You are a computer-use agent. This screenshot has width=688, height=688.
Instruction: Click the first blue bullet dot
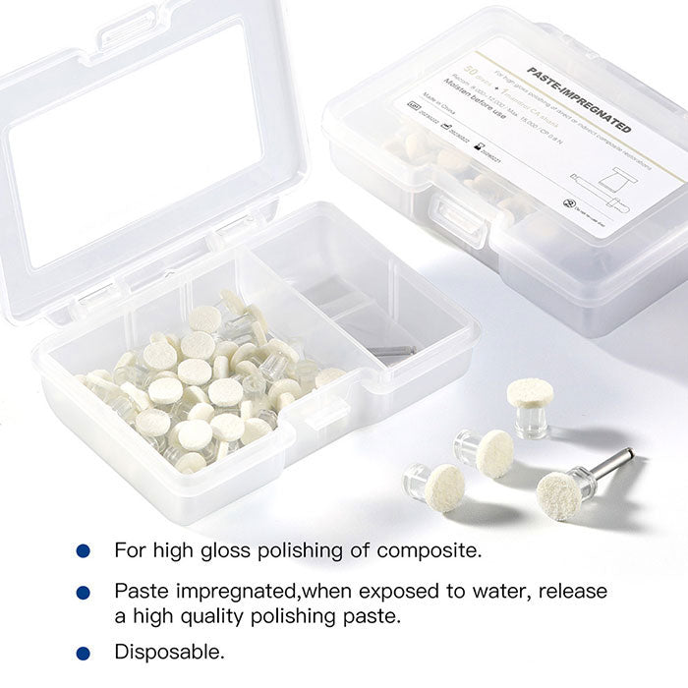pos(83,550)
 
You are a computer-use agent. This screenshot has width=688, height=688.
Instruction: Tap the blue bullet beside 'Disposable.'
pos(83,652)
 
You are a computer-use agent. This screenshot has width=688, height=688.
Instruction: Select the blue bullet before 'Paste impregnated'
pos(83,593)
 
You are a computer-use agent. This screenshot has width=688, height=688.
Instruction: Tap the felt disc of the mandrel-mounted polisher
pos(559,495)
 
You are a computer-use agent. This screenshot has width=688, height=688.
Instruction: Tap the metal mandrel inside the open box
pos(391,351)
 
